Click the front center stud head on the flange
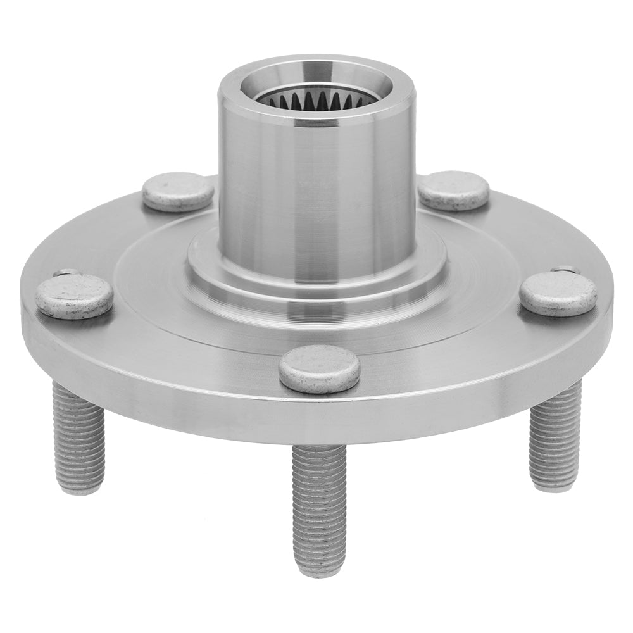pyautogui.click(x=320, y=369)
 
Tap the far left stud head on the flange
pyautogui.click(x=74, y=296)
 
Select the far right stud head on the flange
pyautogui.click(x=558, y=293)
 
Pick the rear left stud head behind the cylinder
pyautogui.click(x=178, y=191)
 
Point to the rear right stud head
pyautogui.click(x=453, y=190)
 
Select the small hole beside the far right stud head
pyautogui.click(x=565, y=270)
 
